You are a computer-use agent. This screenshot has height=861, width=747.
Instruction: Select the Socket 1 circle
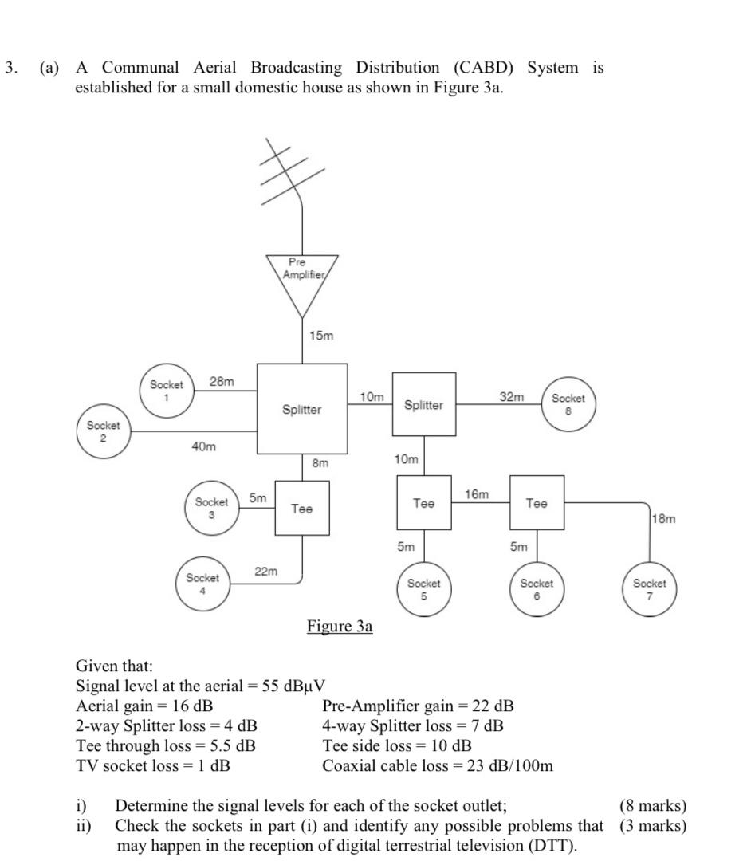pos(167,390)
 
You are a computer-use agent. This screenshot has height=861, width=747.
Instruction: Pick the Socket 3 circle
pos(211,508)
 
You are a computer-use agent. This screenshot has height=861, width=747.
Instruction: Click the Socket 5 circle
pos(424,589)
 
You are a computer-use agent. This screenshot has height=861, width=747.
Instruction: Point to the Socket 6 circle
pos(537,589)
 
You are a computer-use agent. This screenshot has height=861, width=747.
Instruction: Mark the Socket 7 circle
pos(650,589)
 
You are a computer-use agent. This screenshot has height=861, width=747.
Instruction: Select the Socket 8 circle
pos(568,404)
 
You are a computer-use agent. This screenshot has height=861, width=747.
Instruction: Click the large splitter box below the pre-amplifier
pos(302,409)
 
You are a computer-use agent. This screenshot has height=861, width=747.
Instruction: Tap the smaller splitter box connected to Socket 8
pos(424,404)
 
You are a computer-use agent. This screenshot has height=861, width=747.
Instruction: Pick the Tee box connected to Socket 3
pos(301,508)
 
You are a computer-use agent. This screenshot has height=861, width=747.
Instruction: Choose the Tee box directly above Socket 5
pos(424,503)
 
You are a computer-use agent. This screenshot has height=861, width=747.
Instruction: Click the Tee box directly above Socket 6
pos(537,503)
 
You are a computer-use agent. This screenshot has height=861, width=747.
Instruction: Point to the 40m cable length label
pos(204,446)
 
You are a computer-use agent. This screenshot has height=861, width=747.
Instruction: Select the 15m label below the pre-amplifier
pos(321,336)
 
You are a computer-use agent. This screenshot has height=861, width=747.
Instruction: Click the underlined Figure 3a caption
pos(340,626)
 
